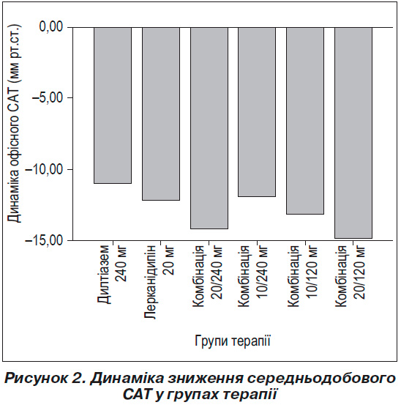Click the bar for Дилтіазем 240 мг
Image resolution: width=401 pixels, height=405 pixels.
click(x=113, y=105)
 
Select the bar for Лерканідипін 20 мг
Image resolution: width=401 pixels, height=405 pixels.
click(x=161, y=114)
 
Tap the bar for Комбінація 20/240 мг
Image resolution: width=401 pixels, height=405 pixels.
click(x=209, y=128)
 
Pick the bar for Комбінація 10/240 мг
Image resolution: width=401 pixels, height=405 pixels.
click(x=257, y=112)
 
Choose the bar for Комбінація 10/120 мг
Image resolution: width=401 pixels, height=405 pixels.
click(x=305, y=121)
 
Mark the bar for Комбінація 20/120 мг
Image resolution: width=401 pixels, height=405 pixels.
click(x=353, y=133)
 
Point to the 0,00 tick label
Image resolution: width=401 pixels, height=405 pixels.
click(x=51, y=26)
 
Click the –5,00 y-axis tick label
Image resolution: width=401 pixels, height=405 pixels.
click(x=48, y=97)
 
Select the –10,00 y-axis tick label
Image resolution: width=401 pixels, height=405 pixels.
click(x=44, y=169)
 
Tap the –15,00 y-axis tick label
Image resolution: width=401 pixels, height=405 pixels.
click(x=44, y=240)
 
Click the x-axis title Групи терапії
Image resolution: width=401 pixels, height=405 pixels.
click(x=233, y=341)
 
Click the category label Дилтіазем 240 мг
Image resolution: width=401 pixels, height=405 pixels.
click(x=113, y=275)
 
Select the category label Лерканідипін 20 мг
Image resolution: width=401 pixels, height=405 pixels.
click(x=160, y=282)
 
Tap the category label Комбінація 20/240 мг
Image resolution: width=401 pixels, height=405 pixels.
click(x=208, y=276)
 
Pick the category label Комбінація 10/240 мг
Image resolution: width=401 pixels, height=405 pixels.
click(x=253, y=276)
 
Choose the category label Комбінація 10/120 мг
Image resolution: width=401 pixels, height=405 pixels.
click(x=303, y=276)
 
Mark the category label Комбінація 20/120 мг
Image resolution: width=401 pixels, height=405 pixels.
click(x=351, y=276)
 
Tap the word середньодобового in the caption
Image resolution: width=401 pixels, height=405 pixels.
click(x=321, y=379)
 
